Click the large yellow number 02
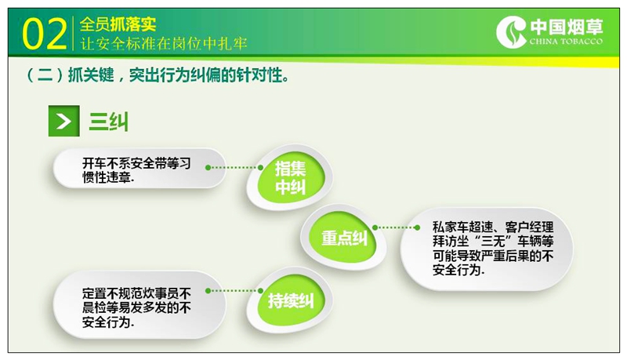pyautogui.click(x=45, y=35)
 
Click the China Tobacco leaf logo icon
pyautogui.click(x=511, y=32)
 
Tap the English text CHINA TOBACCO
pyautogui.click(x=566, y=42)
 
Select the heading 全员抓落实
pyautogui.click(x=118, y=24)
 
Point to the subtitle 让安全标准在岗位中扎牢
pyautogui.click(x=164, y=43)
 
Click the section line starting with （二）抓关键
pyautogui.click(x=158, y=75)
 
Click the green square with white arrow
pyautogui.click(x=64, y=122)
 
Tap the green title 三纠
pyautogui.click(x=109, y=122)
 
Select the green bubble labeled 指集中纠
pyautogui.click(x=290, y=176)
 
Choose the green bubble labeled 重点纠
pyautogui.click(x=343, y=238)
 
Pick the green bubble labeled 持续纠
pyautogui.click(x=291, y=300)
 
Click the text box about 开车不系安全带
pyautogui.click(x=140, y=169)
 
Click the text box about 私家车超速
pyautogui.click(x=487, y=249)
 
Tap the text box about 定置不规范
pyautogui.click(x=140, y=306)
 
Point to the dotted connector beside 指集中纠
pyautogui.click(x=234, y=168)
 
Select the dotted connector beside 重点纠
pyautogui.click(x=396, y=227)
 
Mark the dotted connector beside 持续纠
pyautogui.click(x=234, y=291)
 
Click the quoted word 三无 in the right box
pyautogui.click(x=494, y=242)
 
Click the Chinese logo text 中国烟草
pyautogui.click(x=566, y=27)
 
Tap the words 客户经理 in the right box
pyautogui.click(x=530, y=227)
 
